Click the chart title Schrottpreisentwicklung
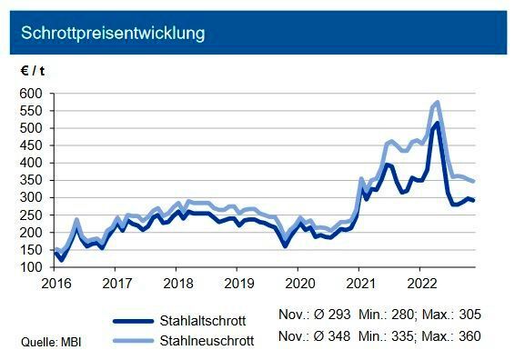click(112, 34)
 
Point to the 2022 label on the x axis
click(420, 283)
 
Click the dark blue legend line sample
click(142, 320)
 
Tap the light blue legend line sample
click(142, 340)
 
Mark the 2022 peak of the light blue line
click(438, 103)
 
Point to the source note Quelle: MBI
click(43, 342)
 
